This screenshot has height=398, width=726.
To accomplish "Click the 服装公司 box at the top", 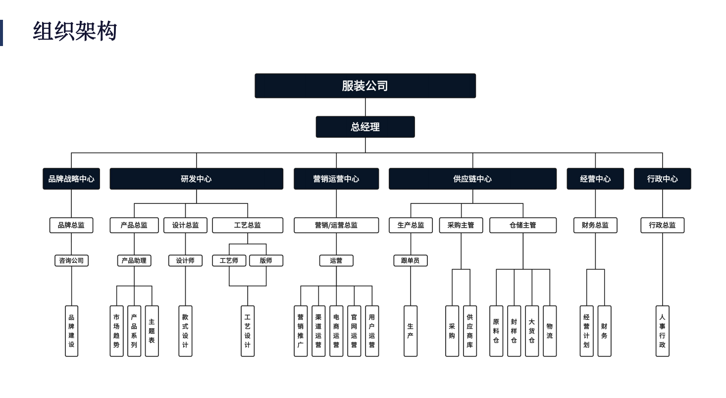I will tap(365, 86).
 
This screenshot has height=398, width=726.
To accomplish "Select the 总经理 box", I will tap(365, 127).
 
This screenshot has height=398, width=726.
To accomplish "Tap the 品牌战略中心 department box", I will tap(71, 179).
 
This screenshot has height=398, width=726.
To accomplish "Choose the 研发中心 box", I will tap(196, 179).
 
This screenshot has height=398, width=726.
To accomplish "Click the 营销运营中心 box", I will tap(336, 179).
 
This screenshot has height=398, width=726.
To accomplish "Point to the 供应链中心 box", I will tap(472, 179).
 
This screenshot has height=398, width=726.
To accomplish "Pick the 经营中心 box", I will tap(595, 179).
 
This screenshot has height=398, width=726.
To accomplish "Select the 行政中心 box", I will tap(662, 179).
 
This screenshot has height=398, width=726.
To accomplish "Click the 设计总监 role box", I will tap(186, 225).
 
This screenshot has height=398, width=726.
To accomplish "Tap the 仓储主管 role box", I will tap(523, 225).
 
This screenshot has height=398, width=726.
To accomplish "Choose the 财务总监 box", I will tap(595, 225).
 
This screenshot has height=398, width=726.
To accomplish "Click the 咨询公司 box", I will tap(71, 260).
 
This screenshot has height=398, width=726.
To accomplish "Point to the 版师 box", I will tap(266, 260).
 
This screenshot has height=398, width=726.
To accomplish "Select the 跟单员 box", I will tap(411, 260).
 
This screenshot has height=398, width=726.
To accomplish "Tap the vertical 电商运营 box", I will tap(336, 331).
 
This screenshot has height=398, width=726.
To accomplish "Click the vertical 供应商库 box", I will tap(470, 331).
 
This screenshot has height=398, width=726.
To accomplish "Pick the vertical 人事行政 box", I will tap(663, 331).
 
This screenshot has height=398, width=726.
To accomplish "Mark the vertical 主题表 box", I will tap(152, 331).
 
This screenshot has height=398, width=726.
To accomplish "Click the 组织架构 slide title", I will tap(75, 32).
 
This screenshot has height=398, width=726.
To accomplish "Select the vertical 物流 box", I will tap(550, 331).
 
